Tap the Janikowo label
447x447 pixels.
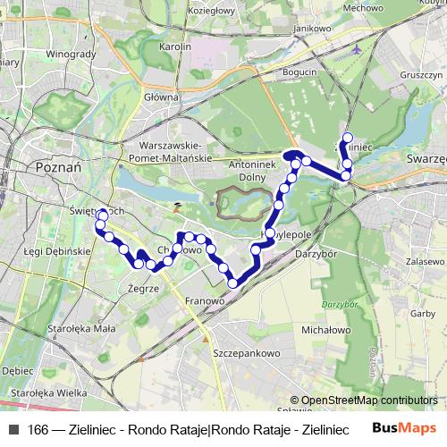click(305, 28)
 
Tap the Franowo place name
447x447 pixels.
click(203, 302)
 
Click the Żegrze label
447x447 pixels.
click(143, 290)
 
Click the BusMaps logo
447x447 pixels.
click(407, 428)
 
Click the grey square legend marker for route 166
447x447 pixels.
click(13, 429)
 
